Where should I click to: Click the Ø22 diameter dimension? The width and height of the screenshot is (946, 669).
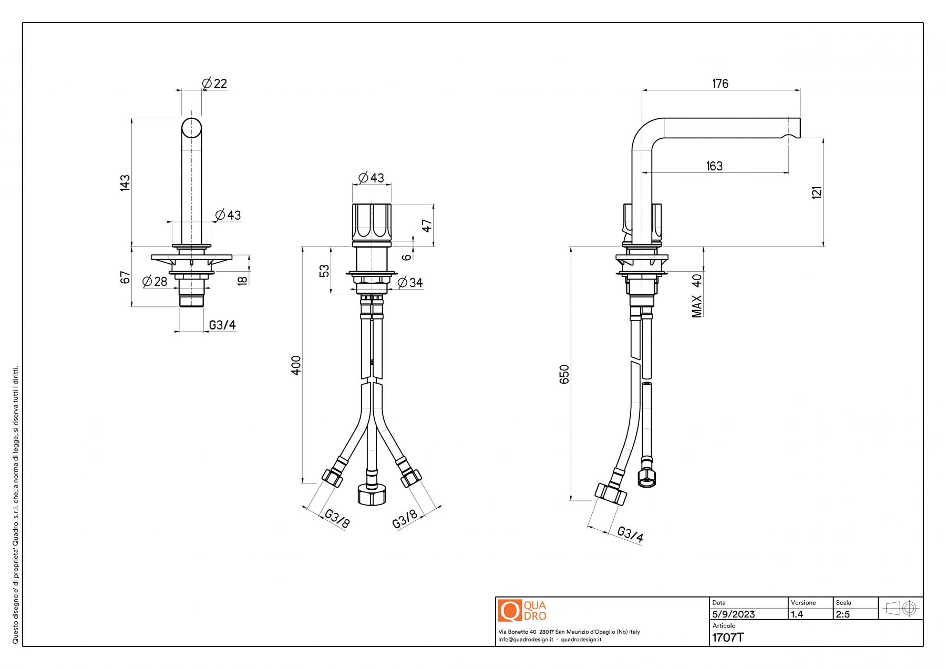point(214,84)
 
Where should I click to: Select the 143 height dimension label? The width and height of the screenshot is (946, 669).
point(125,182)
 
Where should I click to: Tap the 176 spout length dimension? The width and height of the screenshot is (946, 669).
point(720,84)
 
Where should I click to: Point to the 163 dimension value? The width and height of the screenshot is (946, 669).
point(714,166)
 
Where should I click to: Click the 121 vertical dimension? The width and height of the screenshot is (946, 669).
point(817,192)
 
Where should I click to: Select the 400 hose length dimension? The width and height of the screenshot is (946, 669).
point(296,365)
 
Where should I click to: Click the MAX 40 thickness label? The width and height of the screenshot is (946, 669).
point(697,296)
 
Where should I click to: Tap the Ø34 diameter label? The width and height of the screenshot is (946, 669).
point(410,283)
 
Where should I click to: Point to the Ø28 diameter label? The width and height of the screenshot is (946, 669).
point(155,282)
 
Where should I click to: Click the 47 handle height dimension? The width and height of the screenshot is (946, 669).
point(427,225)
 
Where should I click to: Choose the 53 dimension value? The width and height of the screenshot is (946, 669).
point(325,271)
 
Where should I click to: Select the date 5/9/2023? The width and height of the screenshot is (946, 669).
point(733,614)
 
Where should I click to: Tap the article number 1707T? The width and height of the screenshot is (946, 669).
point(728,638)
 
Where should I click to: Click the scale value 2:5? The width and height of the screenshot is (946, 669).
point(842,614)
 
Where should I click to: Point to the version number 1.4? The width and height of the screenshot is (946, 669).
point(797,614)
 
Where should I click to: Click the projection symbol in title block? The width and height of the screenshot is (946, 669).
point(901,609)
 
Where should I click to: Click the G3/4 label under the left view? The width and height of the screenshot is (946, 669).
point(222,325)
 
